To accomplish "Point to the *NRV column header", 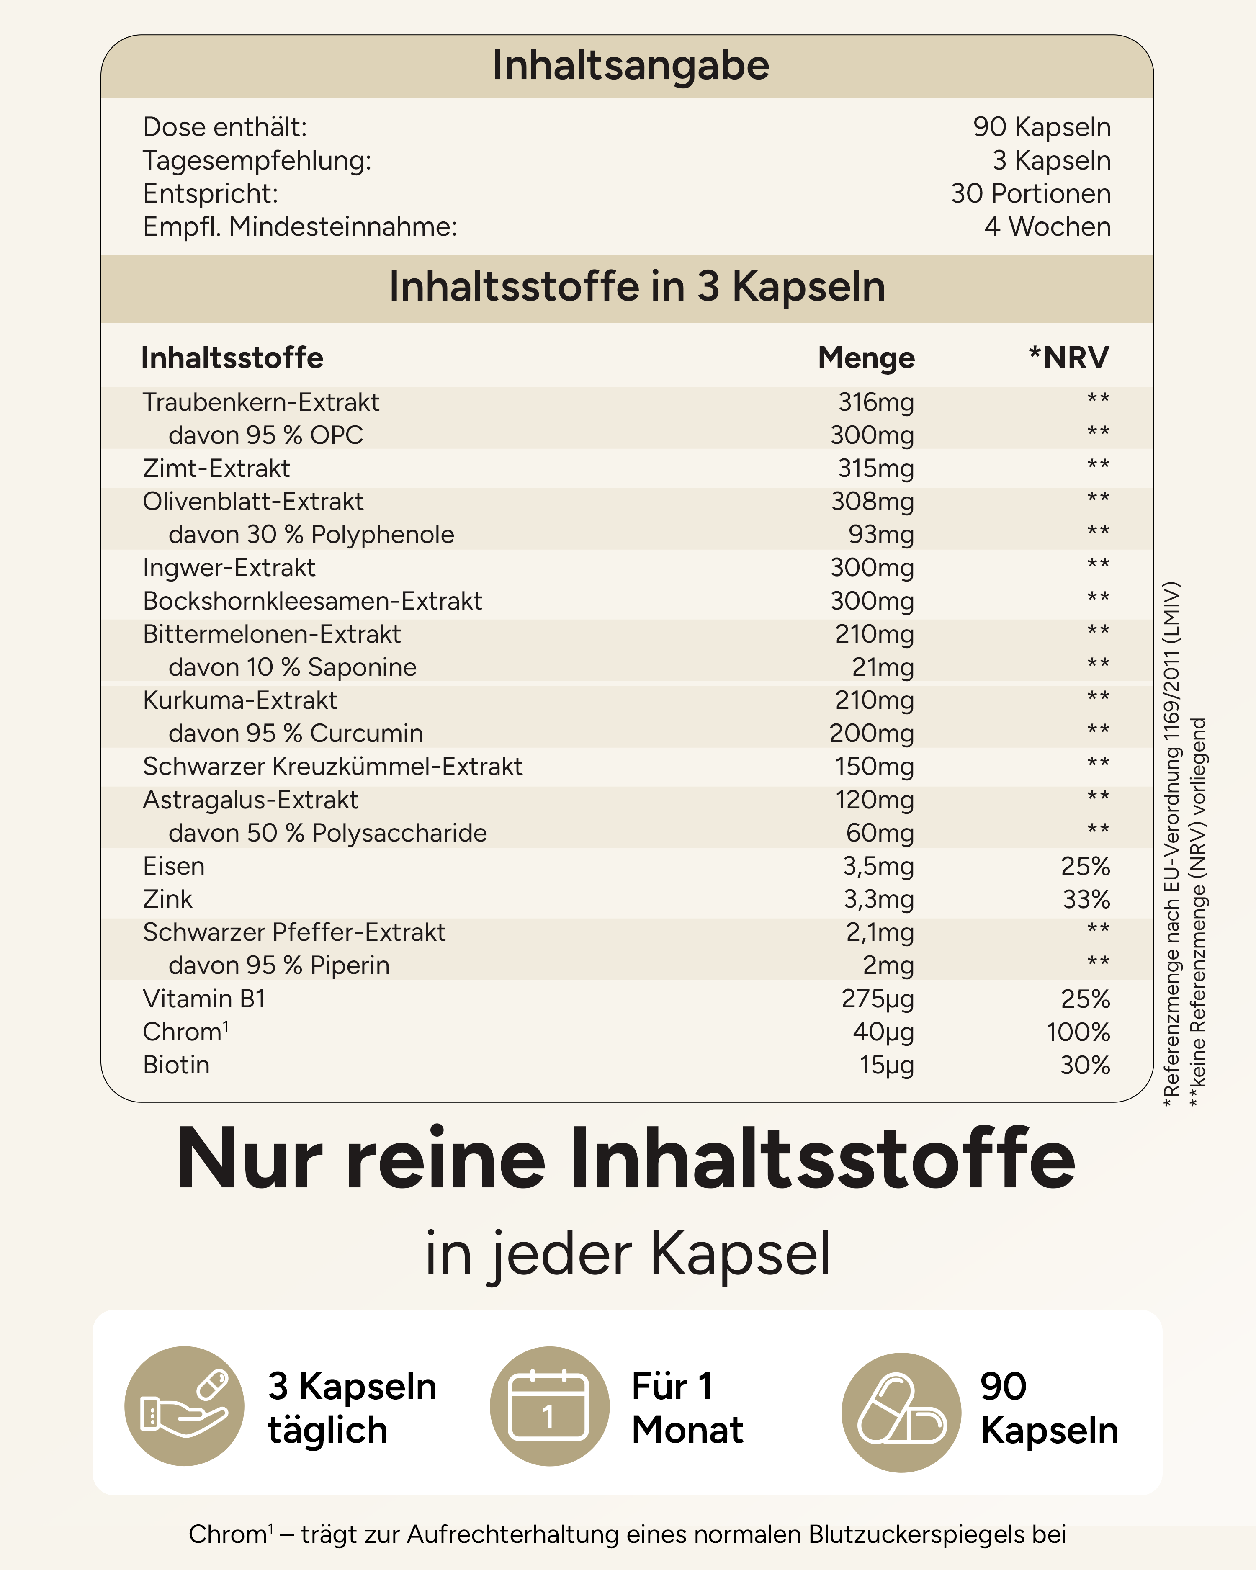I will pos(1068,358).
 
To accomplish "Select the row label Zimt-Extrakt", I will pos(216,468).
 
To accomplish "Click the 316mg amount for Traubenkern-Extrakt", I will pos(876,402).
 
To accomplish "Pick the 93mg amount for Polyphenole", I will pos(880,535).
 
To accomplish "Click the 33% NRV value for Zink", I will pos(1086,899).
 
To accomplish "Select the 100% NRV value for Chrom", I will pos(1078,1032).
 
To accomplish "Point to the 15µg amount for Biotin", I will pos(886,1065).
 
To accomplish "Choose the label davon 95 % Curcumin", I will pos(296,734).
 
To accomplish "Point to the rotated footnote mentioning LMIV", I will pos(1171,845).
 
